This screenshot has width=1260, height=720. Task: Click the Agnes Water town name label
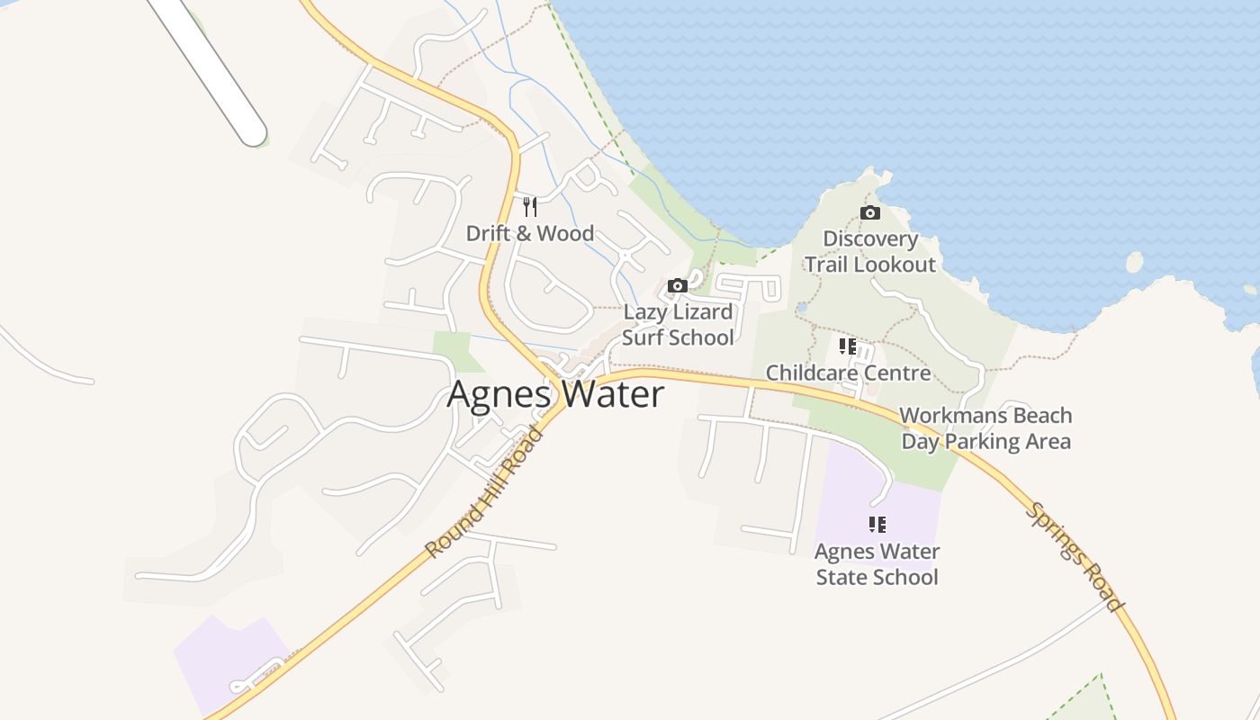[x=555, y=394]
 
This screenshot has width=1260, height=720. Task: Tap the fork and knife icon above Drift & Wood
[x=530, y=207]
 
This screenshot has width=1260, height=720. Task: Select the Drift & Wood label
[x=529, y=233]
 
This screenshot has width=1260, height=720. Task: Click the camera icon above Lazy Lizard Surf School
[x=678, y=286]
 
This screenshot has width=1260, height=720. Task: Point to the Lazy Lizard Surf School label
[x=678, y=325]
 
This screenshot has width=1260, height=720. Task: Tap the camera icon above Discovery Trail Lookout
[x=869, y=213]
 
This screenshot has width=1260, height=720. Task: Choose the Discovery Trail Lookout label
[x=870, y=252]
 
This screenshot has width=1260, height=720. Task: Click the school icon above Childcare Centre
[x=848, y=346]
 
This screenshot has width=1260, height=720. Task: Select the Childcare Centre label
[x=848, y=373]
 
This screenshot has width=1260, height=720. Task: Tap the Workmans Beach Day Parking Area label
[x=986, y=428]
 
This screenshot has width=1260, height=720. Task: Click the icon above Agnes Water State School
[x=877, y=525]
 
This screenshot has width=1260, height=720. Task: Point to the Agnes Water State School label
[x=877, y=564]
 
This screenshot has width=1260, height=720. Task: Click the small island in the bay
[x=1134, y=262]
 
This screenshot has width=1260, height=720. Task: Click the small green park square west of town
[x=452, y=351]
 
